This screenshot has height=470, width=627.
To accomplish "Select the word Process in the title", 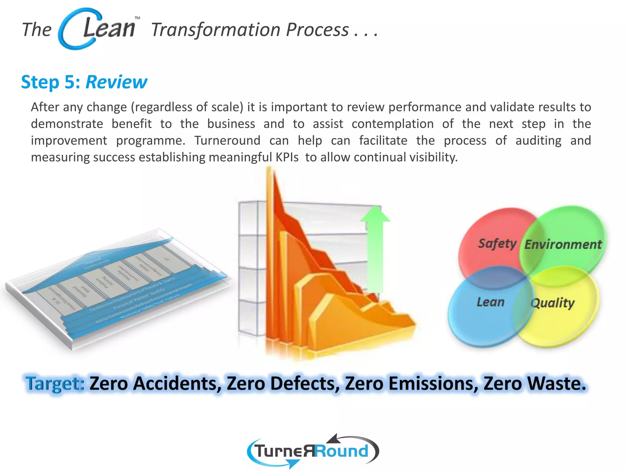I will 317,30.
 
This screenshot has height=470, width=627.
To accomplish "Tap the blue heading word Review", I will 116,82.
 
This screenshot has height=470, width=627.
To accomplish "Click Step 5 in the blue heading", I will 51,82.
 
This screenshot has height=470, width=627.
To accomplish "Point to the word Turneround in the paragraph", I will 227,140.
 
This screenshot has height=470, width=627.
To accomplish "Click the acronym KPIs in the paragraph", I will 287,157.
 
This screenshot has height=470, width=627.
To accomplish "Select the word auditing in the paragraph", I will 538,140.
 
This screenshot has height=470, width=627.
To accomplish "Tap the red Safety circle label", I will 497,244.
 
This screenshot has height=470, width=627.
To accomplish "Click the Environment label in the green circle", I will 563,244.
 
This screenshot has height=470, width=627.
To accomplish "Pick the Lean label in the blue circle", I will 490,302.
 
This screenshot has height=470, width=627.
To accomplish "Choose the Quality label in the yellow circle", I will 552,303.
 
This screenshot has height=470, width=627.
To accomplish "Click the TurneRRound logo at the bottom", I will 312,451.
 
